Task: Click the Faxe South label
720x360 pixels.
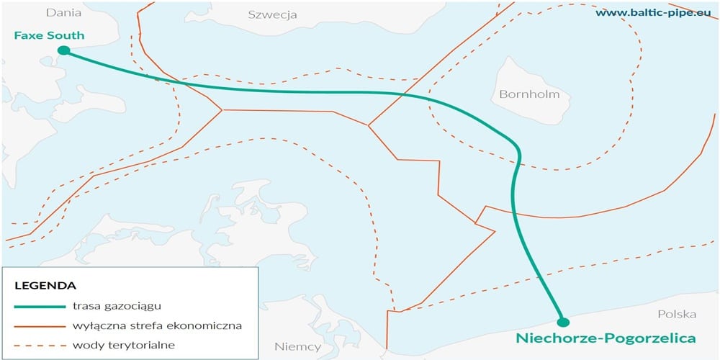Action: pos(49,35)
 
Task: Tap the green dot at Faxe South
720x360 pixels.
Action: pos(63,50)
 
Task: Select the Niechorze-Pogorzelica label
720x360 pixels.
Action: pos(606,338)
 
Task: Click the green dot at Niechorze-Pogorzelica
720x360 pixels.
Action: pos(563,322)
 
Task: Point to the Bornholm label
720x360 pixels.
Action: pos(528,94)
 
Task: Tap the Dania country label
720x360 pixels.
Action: pos(62,12)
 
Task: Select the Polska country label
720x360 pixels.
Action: pos(677,314)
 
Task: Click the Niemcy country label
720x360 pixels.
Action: pos(297,346)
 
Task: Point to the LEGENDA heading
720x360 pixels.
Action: pos(45,286)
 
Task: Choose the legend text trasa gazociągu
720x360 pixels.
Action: pos(117,306)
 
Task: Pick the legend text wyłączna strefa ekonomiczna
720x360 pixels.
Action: pos(157,325)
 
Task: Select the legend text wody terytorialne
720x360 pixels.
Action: pos(124,345)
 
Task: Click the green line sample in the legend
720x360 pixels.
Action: pos(37,306)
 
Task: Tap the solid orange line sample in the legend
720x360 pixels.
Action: pos(37,325)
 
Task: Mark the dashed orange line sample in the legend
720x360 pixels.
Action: pos(37,345)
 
